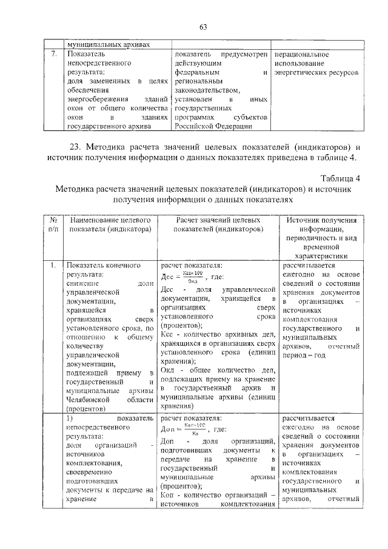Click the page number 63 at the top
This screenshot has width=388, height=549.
202,27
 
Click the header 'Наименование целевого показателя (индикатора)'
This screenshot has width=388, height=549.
110,225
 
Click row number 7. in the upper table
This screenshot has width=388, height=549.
53,54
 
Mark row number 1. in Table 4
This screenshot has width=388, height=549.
53,265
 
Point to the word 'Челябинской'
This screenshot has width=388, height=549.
89,400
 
